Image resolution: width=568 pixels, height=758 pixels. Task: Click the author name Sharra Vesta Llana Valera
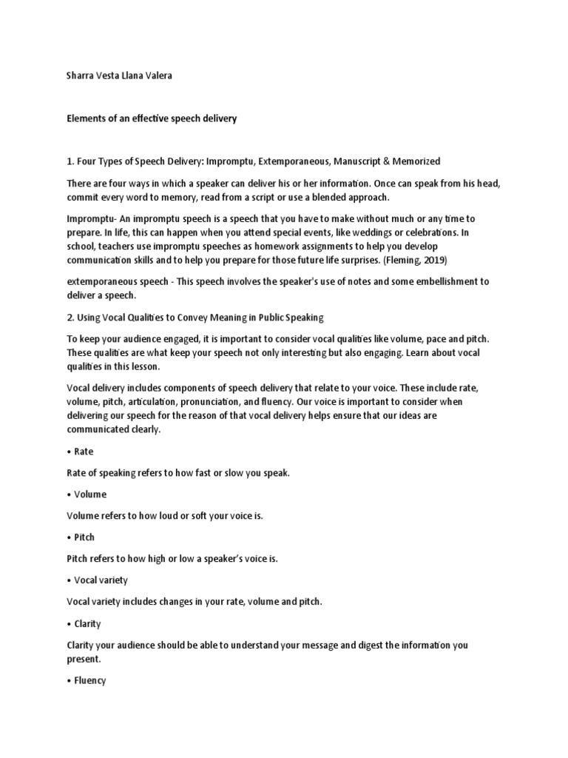[x=119, y=76]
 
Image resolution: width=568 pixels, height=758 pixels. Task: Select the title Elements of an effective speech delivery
[x=152, y=118]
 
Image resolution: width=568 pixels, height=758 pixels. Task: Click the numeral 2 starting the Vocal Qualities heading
[x=69, y=318]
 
